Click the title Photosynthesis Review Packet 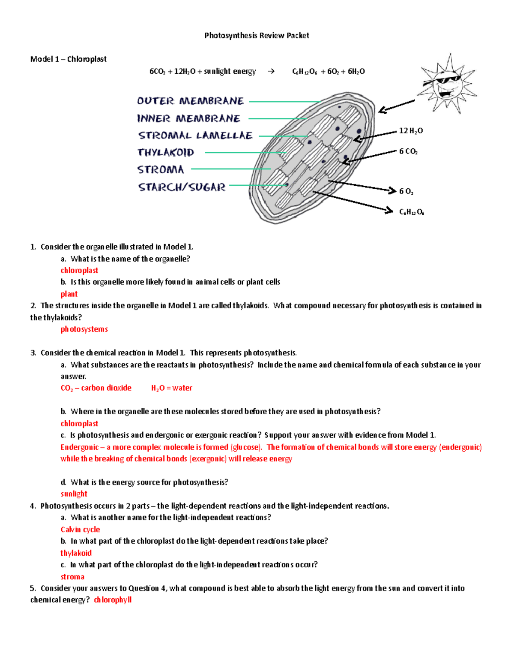click(257, 36)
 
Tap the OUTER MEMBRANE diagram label click(190, 101)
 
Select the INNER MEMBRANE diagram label click(188, 118)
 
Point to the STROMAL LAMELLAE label click(195, 136)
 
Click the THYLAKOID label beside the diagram click(166, 152)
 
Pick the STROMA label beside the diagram click(161, 169)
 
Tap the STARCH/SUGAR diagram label click(182, 187)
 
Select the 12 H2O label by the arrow click(411, 131)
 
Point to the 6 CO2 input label click(408, 151)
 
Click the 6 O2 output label click(406, 191)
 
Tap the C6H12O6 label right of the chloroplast click(411, 212)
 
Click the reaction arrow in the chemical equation click(271, 71)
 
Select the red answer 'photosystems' click(84, 329)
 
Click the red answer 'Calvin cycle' click(80, 530)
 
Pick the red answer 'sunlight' click(74, 494)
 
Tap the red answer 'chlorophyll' click(113, 600)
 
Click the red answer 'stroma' click(72, 577)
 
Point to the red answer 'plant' click(69, 294)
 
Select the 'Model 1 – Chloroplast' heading click(69, 59)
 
